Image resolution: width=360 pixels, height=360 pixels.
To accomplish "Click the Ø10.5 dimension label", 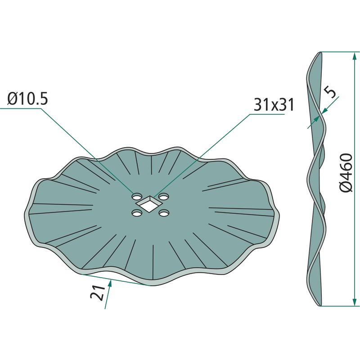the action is [x=27, y=99].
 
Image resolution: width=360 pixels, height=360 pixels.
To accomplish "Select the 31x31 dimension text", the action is [x=274, y=105].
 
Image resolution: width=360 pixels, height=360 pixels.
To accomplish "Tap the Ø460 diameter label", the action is [x=346, y=173].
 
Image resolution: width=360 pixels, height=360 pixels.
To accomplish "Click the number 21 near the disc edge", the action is [x=98, y=293].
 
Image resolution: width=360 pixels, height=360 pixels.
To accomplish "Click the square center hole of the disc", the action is [x=148, y=204].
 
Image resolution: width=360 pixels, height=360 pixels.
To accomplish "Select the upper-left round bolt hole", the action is [x=137, y=197].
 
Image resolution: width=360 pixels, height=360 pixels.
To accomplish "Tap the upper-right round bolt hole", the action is [x=164, y=197].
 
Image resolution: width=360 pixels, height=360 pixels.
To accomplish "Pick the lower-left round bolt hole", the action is [x=137, y=213].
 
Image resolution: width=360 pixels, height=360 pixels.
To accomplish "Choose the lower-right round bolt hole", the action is [x=164, y=213].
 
